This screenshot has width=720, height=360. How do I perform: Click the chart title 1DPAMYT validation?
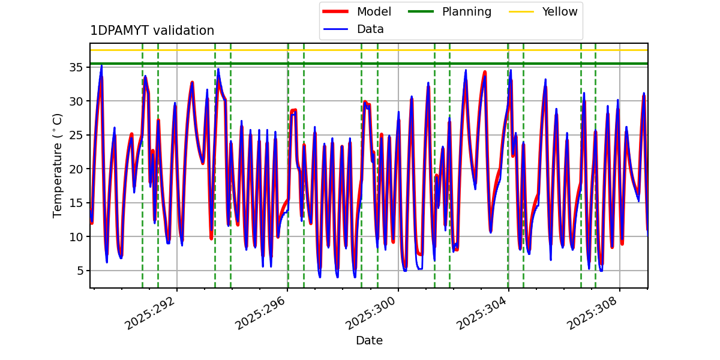(152, 31)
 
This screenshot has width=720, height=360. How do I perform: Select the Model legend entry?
(374, 12)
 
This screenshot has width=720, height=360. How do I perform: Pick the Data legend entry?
(370, 29)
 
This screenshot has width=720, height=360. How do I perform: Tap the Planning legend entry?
(466, 12)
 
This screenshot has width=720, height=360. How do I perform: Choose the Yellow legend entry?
(559, 12)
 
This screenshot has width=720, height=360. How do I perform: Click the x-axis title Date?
(369, 341)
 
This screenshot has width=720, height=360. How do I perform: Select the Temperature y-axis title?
(58, 165)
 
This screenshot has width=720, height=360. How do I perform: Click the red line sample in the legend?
(336, 12)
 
